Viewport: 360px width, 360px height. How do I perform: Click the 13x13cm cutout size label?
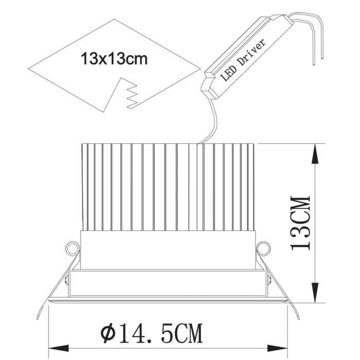pyautogui.click(x=114, y=59)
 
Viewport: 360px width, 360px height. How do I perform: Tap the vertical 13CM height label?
pyautogui.click(x=300, y=223)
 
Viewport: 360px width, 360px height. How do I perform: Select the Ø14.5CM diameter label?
pyautogui.click(x=152, y=333)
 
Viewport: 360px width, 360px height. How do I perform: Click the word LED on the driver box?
pyautogui.click(x=228, y=73)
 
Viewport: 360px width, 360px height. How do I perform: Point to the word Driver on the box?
pyautogui.click(x=252, y=51)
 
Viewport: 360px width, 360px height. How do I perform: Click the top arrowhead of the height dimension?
pyautogui.click(x=316, y=154)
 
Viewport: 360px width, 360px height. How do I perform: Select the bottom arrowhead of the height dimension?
pyautogui.click(x=316, y=292)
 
